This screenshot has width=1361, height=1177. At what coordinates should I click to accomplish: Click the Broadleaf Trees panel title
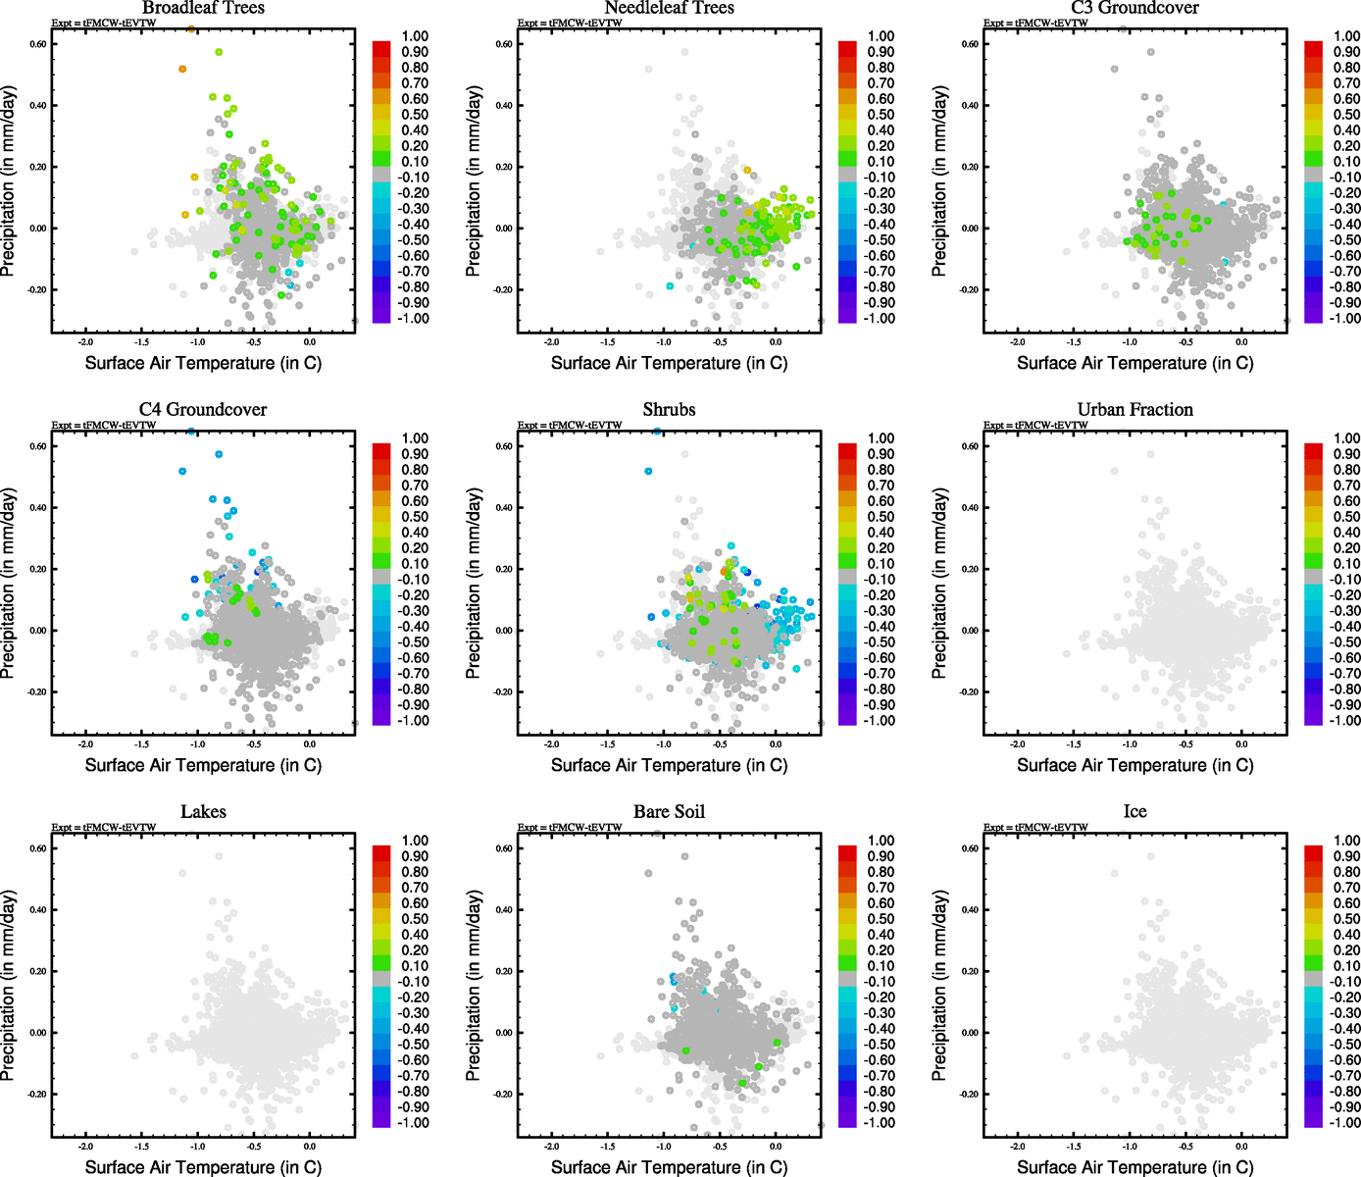[x=203, y=8]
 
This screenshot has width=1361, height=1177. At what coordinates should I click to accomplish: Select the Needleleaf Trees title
[x=669, y=8]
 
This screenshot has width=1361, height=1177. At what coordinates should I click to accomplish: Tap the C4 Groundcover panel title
[x=203, y=410]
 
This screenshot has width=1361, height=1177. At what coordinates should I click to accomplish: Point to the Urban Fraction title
[x=1134, y=410]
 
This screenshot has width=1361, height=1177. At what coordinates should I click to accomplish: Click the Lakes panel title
[x=203, y=812]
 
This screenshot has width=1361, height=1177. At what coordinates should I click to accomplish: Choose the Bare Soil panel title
[x=669, y=812]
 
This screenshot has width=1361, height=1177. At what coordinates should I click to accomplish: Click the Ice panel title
[x=1134, y=812]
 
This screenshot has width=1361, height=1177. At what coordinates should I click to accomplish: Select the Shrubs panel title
[x=669, y=410]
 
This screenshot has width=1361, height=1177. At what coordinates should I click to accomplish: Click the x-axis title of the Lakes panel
[x=203, y=1167]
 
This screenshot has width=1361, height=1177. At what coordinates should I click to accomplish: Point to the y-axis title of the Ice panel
[x=939, y=986]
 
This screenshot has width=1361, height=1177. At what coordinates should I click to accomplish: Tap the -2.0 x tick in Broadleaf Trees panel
[x=85, y=342]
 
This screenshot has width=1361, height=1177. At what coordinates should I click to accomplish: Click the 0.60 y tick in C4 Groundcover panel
[x=36, y=446]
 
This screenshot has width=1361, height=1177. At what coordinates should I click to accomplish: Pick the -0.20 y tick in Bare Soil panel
[x=502, y=1095]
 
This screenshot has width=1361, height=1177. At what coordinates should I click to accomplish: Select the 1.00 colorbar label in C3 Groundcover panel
[x=1346, y=36]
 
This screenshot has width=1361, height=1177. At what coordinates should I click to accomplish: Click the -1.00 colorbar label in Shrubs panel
[x=879, y=721]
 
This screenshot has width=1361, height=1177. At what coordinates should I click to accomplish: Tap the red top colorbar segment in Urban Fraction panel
[x=1313, y=451]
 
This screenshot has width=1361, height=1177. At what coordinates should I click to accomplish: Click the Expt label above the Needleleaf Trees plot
[x=570, y=24]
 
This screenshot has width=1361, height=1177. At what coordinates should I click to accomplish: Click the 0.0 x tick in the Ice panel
[x=1241, y=1147]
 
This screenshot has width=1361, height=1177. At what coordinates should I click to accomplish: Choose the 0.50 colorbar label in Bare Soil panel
[x=881, y=919]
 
